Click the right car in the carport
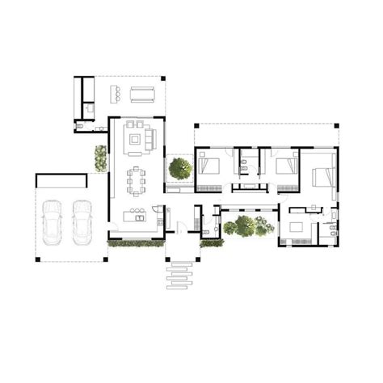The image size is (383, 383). (x=82, y=222)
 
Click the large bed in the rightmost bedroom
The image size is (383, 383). (x=320, y=172)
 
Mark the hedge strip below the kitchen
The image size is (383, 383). (x=135, y=244)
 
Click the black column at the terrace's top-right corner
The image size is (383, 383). (x=163, y=78)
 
